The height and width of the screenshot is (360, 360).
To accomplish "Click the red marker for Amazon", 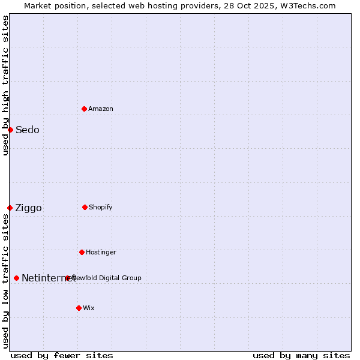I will point(84,109).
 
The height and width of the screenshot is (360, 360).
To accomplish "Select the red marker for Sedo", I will point(10,130).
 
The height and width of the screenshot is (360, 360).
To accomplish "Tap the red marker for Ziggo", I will point(10,208).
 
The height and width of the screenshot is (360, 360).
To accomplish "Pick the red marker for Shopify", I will point(85,207).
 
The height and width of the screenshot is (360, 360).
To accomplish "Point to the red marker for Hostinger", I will point(82,252).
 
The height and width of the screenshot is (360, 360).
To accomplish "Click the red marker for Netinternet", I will point(16,278).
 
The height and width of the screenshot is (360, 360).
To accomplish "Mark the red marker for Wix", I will point(79,308).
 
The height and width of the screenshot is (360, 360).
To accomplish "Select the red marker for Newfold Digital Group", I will point(67,278).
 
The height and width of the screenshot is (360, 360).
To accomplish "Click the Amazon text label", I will point(101,109).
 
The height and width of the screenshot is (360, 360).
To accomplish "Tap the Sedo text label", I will point(28,130).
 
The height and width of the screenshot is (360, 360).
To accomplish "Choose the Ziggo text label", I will point(28,208).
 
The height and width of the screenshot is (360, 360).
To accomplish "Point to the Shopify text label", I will point(101,207).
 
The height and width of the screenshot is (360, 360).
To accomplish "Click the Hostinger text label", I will point(101,252).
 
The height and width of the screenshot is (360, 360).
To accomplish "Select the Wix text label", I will point(89,308).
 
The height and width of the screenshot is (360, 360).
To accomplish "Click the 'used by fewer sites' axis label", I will point(62,355).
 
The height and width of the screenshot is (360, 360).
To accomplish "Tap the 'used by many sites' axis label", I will point(301,355).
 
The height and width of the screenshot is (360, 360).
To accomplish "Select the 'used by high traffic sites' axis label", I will point(5,85).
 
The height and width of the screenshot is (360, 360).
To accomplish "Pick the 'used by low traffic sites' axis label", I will point(5,281).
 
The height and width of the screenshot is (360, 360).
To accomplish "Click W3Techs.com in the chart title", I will point(310,5).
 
